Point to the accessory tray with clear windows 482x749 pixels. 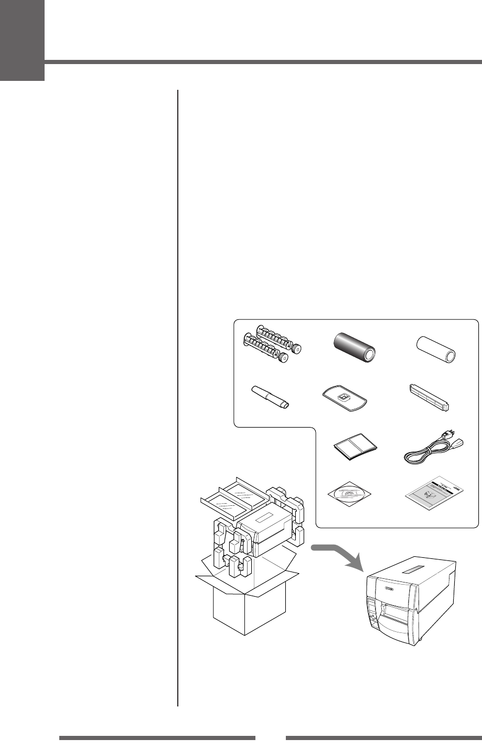pos(233,496)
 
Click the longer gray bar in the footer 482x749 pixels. pos(157,737)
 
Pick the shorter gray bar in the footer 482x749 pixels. pos(383,737)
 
